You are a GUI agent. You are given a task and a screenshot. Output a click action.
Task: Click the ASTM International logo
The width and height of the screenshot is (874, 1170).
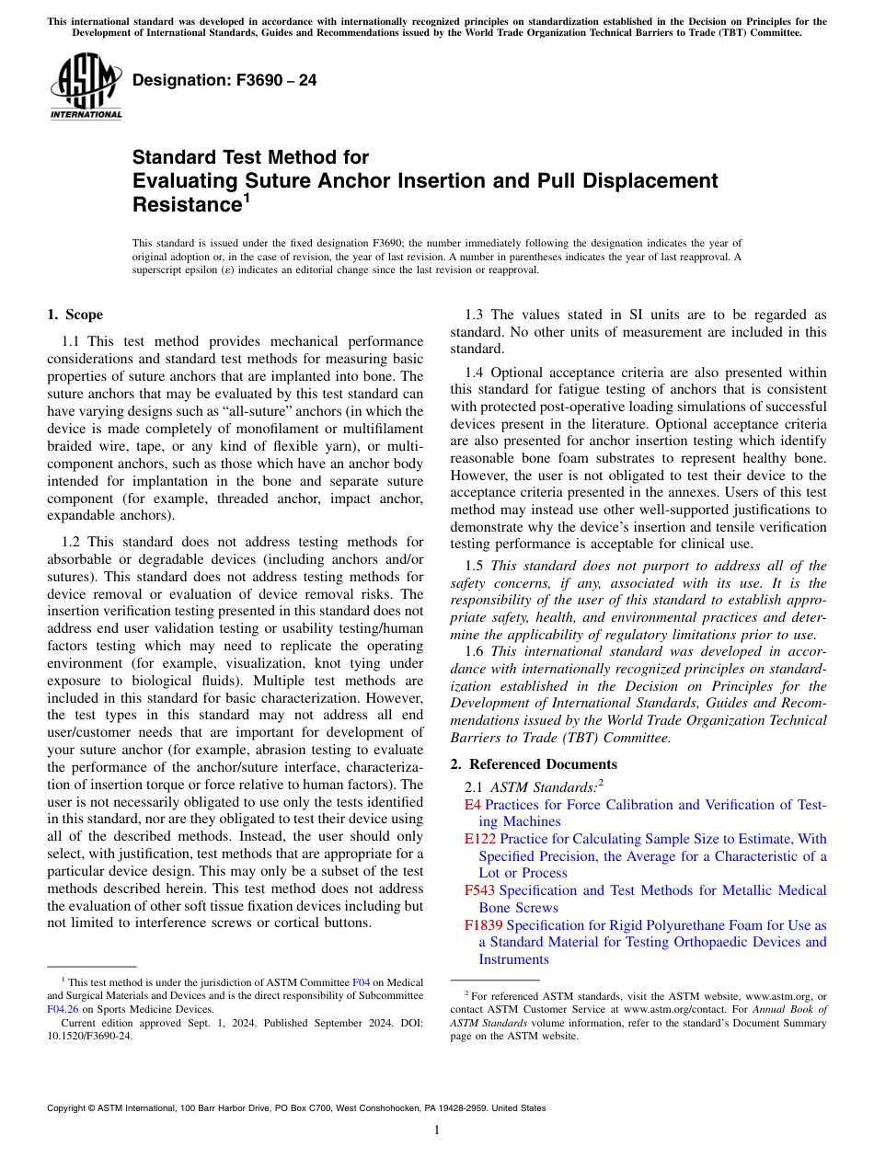(x=86, y=87)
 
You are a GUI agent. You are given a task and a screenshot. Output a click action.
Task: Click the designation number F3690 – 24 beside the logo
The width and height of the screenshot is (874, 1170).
(x=224, y=80)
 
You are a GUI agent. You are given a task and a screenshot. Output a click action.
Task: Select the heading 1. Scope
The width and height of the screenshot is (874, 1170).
(x=75, y=315)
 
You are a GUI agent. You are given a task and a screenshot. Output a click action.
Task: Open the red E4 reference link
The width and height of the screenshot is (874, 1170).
(x=473, y=805)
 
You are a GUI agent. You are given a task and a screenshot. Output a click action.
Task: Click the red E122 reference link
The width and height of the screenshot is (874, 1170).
(x=480, y=839)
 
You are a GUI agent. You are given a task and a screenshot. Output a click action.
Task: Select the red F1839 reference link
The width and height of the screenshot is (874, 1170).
(x=484, y=925)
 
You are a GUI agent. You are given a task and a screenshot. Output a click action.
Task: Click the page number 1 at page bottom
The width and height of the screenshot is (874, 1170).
(x=437, y=1130)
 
